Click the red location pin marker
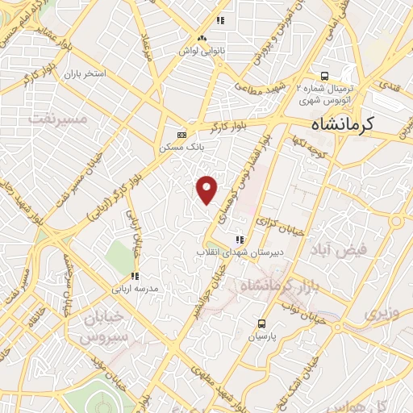(x=208, y=190)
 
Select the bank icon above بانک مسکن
(x=181, y=135)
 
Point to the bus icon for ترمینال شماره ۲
(x=323, y=72)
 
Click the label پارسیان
(x=260, y=335)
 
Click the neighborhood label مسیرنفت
(x=56, y=118)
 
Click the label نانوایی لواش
(x=203, y=49)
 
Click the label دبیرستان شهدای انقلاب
(x=228, y=252)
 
